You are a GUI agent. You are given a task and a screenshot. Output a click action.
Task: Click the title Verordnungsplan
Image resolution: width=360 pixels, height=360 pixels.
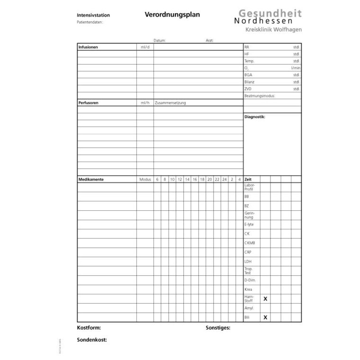pos(172,15)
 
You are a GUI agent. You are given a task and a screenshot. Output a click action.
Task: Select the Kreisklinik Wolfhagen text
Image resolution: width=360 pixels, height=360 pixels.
pos(273,30)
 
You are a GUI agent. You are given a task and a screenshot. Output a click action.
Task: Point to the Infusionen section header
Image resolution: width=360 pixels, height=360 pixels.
pos(88,47)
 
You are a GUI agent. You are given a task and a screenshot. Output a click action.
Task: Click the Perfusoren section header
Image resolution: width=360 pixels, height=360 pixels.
pos(89,103)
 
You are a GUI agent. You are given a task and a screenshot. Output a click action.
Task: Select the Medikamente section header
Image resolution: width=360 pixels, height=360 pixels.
pos(90,180)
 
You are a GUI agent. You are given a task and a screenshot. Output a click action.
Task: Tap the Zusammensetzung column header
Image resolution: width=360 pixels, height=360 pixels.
pos(170,103)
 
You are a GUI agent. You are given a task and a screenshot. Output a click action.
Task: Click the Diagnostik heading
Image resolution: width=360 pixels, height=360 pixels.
pos(255,117)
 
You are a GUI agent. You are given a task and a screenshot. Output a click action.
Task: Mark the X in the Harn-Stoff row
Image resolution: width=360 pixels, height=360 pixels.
pos(265,299)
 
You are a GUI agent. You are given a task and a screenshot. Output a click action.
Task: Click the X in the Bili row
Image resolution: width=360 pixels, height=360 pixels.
pos(265,317)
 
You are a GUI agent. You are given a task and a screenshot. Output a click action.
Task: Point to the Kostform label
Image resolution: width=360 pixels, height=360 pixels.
pos(89,328)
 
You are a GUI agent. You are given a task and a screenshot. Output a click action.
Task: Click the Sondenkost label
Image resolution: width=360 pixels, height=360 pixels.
pos(91,340)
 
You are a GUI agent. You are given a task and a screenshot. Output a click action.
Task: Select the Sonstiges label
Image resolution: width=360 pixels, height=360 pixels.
pos(218,328)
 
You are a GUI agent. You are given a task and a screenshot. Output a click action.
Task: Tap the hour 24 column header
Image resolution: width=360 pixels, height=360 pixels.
pos(224,180)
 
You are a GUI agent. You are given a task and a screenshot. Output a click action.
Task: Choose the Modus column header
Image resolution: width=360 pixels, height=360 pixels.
pos(145,180)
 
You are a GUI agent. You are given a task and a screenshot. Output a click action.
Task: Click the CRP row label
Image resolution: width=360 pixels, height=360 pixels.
pos(248,252)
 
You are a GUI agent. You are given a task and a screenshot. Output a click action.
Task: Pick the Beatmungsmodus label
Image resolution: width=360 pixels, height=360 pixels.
pos(260,96)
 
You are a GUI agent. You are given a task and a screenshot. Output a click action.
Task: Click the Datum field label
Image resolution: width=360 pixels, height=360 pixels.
pos(160,41)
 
